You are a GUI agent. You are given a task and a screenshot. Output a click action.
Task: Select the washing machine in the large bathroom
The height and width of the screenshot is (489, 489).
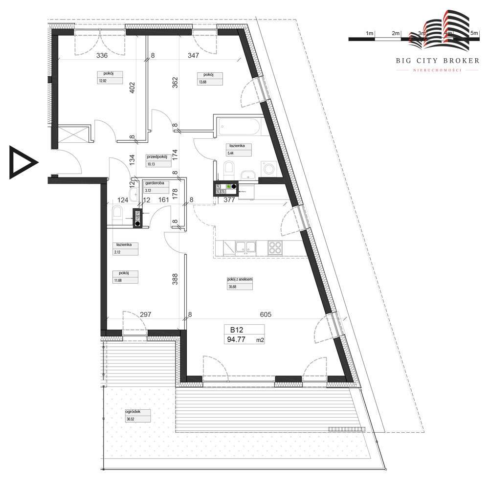coord(268,169)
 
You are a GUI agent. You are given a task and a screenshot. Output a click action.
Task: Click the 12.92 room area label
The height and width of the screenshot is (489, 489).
coord(103,81)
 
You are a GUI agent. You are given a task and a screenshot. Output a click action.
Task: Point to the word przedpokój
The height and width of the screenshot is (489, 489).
coord(157,157)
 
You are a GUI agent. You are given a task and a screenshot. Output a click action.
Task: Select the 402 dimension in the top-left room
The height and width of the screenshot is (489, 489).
coord(132,89)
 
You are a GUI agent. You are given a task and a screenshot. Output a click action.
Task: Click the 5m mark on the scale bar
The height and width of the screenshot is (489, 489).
coord(473,33)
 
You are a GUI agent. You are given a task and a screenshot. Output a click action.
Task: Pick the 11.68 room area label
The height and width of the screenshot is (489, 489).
coord(118,280)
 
